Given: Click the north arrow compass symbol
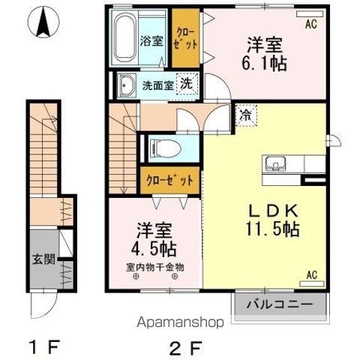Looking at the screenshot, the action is [43, 22].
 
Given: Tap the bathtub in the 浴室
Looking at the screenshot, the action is [124, 38].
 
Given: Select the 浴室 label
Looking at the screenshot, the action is [151, 40].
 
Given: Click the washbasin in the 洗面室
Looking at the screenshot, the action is [126, 85].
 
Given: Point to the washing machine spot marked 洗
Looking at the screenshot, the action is [187, 84].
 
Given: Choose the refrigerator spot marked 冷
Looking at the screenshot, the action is [246, 115].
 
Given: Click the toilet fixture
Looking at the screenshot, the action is [164, 148].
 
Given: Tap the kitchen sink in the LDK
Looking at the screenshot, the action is [275, 163].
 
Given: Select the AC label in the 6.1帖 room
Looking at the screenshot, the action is [311, 24].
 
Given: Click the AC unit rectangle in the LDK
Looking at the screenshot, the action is [312, 283].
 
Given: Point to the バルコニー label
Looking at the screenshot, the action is [280, 304].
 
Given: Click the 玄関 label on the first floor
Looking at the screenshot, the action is [43, 259].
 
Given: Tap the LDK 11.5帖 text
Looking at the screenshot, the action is [272, 220].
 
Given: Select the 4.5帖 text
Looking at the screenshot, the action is [154, 249].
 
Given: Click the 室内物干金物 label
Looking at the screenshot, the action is [155, 268].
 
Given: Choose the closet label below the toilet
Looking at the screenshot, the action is [169, 180].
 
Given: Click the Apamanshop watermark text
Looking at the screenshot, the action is [180, 322].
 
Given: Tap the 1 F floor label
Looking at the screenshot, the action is [44, 346].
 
